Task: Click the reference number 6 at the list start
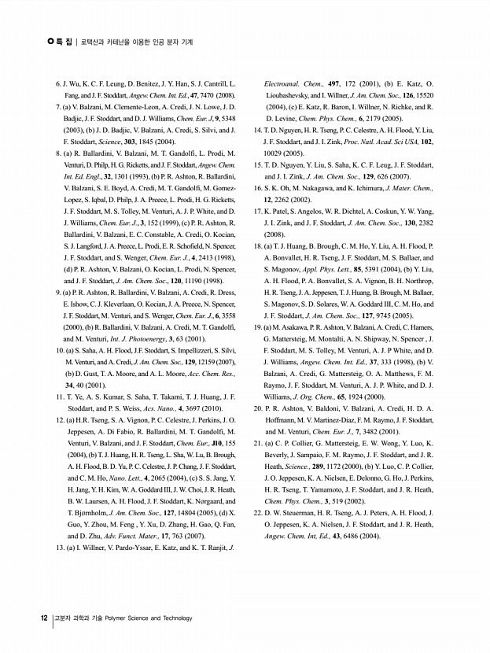[57, 83]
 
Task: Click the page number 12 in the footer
[44, 618]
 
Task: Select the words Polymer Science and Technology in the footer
[153, 618]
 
